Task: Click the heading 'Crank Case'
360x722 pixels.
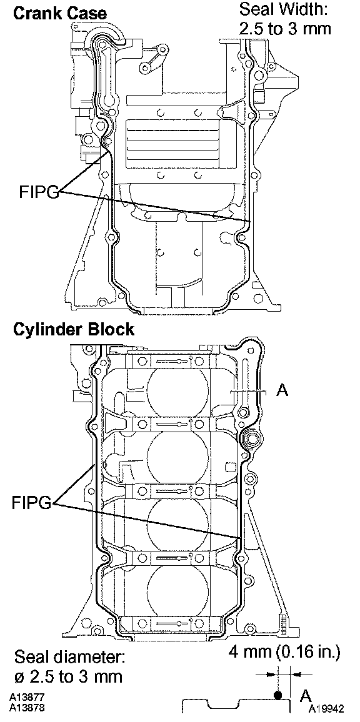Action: (x=60, y=13)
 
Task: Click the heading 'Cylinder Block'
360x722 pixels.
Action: (x=74, y=330)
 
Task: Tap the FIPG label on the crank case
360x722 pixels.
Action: (x=39, y=192)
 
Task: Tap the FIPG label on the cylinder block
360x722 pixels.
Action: (x=32, y=503)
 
